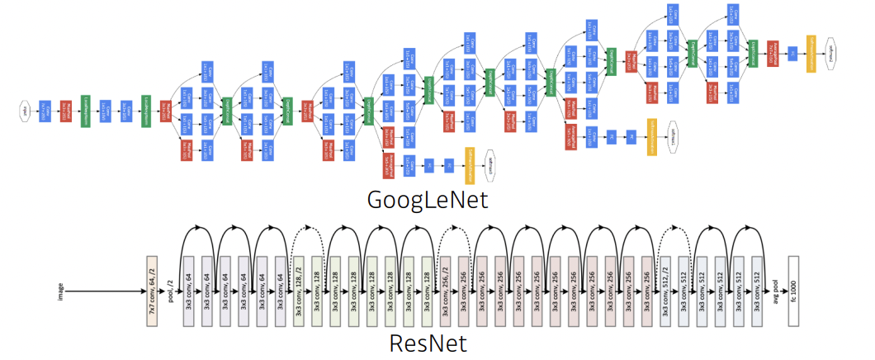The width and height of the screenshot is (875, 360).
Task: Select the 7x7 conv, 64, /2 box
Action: pyautogui.click(x=151, y=291)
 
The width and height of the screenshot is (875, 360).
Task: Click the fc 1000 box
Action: pyautogui.click(x=795, y=291)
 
